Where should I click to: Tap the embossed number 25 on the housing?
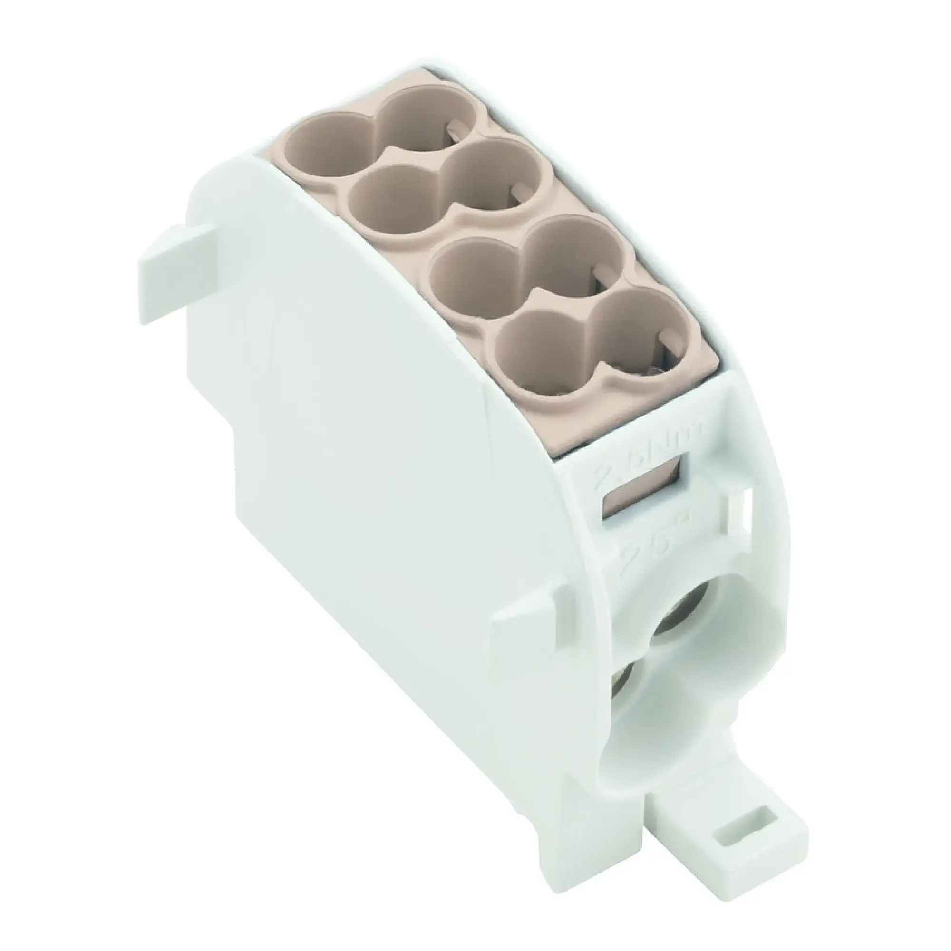tap(640, 551)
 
